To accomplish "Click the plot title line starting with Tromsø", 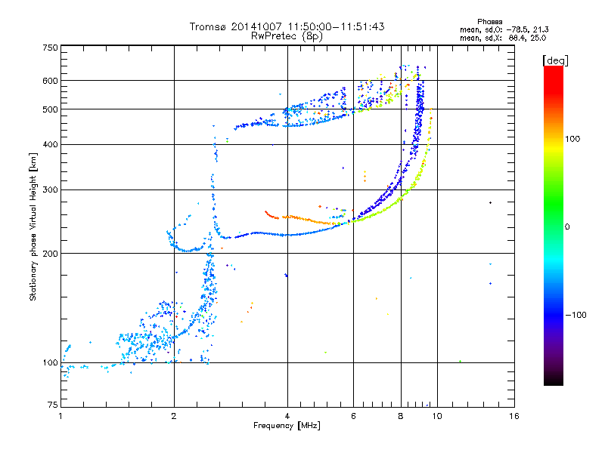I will click(x=287, y=26).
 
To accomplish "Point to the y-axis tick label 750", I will click(x=50, y=48).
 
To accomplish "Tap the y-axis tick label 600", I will click(x=50, y=81).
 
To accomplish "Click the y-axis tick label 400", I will click(x=50, y=144).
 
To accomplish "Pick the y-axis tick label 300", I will click(x=50, y=190).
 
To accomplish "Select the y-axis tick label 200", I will click(x=50, y=253).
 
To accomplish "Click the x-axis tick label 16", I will click(x=513, y=417).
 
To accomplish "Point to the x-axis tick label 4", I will click(x=287, y=417).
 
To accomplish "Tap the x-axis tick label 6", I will click(x=353, y=417).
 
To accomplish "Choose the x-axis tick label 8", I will click(x=401, y=417).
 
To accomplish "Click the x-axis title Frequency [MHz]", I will click(x=287, y=427).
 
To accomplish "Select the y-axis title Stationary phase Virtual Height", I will click(x=33, y=226).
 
